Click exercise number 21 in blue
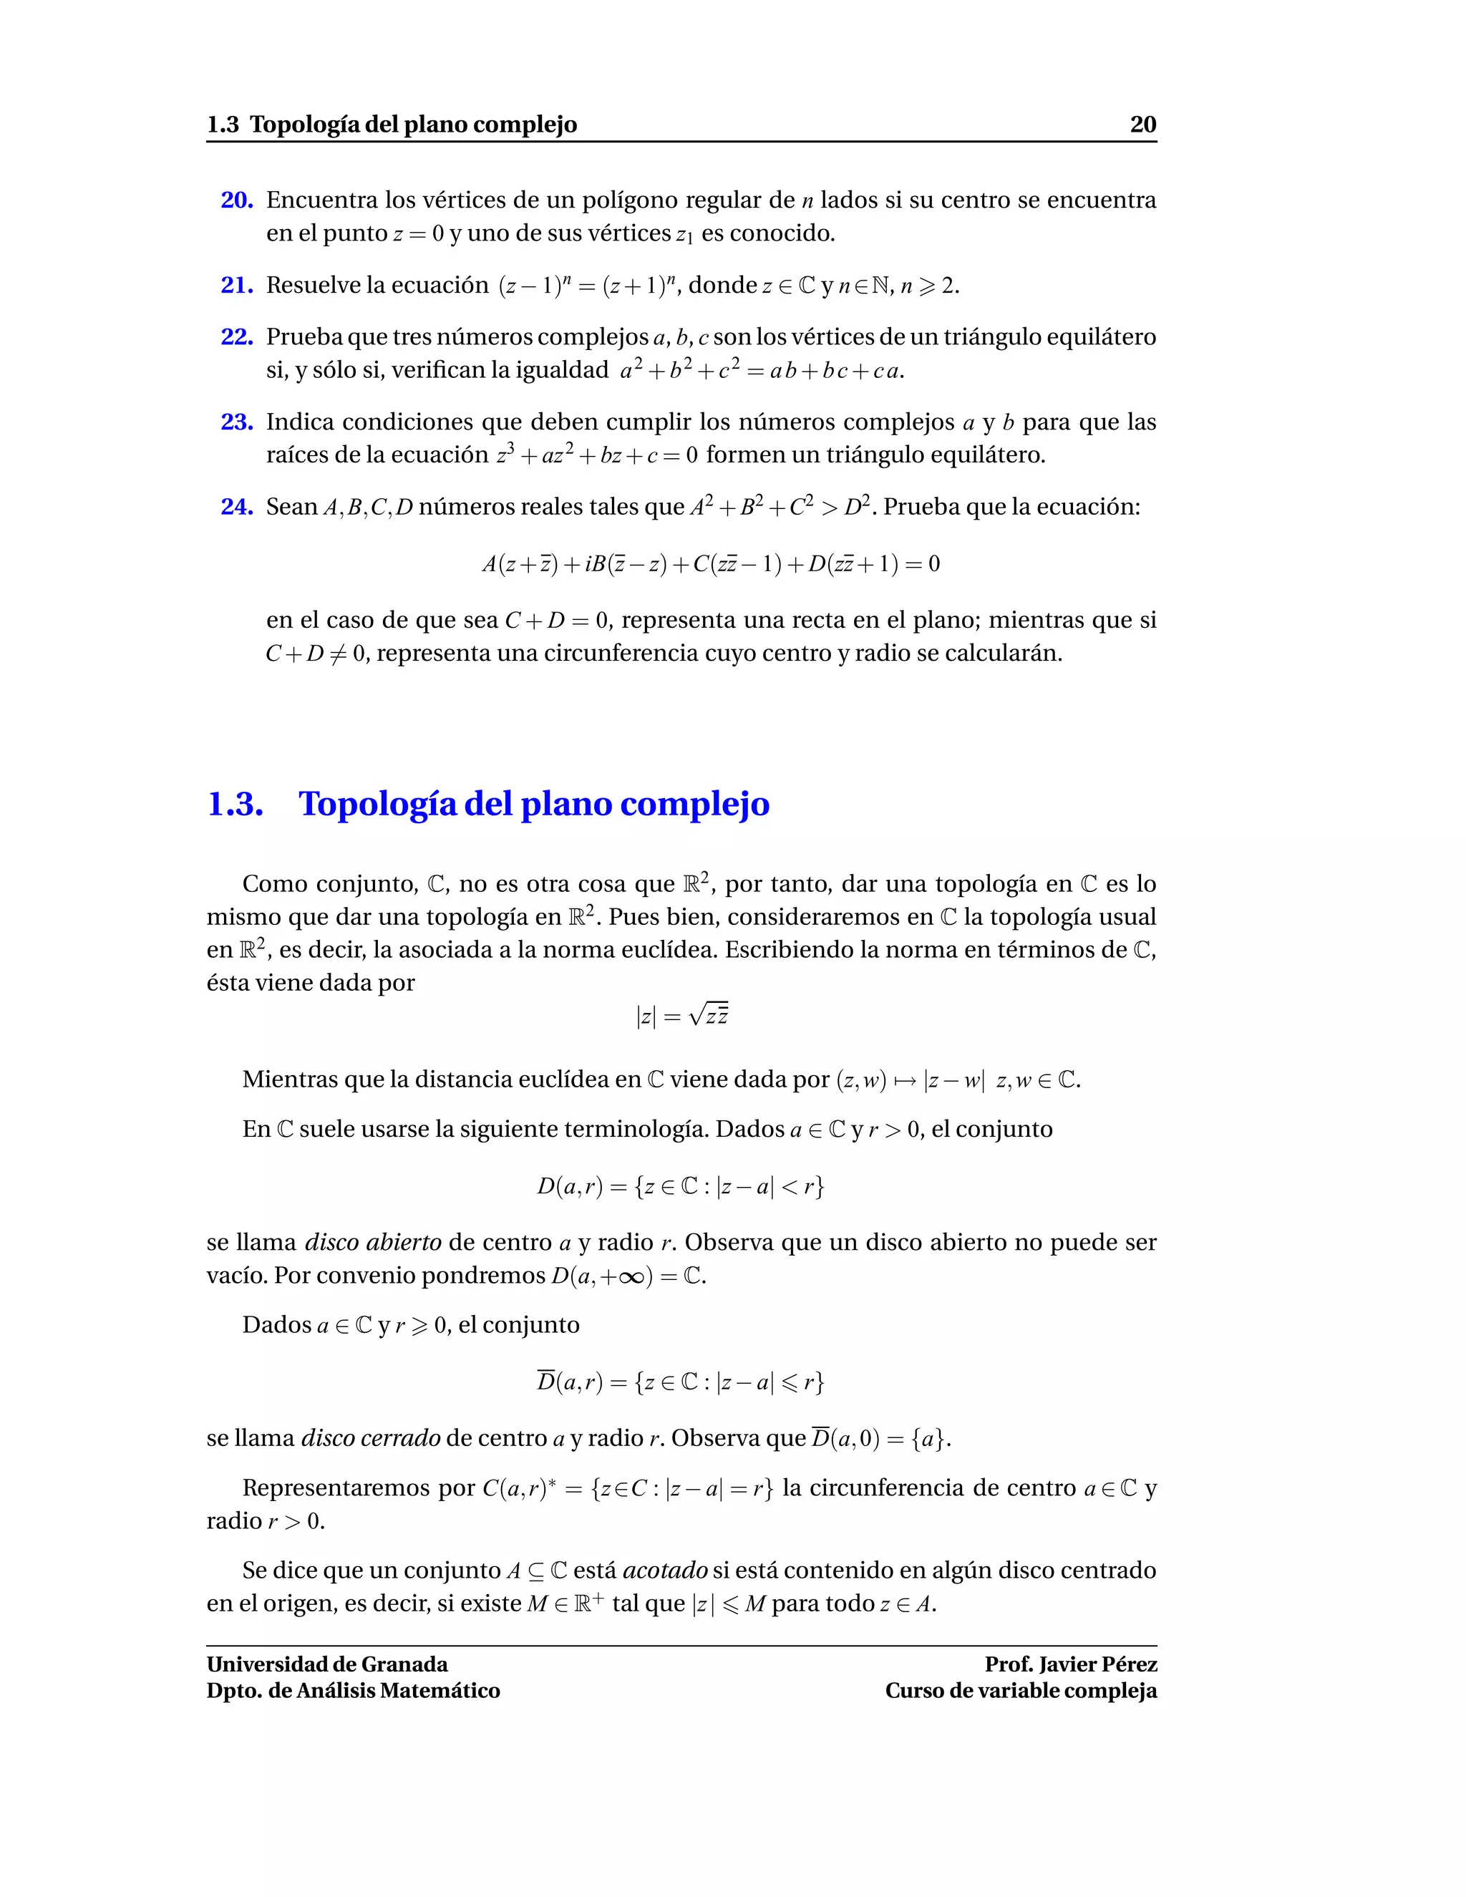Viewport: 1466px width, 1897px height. point(236,285)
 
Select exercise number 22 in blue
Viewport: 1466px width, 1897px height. point(236,337)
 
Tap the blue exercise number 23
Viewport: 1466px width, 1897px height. point(236,422)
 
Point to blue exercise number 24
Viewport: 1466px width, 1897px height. point(236,506)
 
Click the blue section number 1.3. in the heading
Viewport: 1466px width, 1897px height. point(236,803)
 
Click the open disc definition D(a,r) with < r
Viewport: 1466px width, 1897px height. point(680,1185)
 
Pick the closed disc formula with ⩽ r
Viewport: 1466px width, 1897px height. point(680,1381)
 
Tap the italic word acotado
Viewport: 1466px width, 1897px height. point(665,1571)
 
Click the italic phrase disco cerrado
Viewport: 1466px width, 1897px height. point(371,1438)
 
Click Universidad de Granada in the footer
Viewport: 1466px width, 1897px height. point(327,1664)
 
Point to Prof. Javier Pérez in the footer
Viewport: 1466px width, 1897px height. point(1070,1664)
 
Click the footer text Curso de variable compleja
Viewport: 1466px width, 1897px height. point(1021,1690)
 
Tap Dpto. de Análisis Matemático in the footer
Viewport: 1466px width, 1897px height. point(354,1690)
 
